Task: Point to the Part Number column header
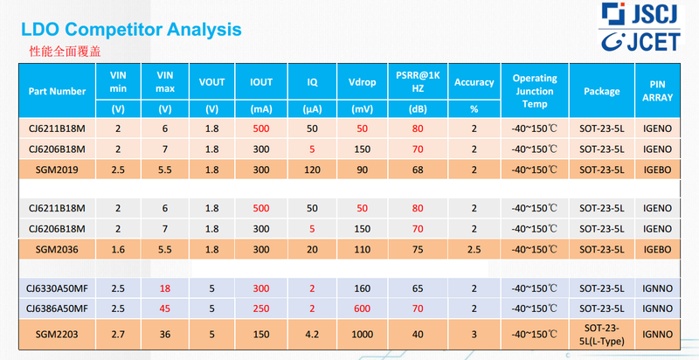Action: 57,91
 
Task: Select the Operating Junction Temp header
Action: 534,91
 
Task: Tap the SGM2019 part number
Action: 57,170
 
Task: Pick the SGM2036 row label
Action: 57,249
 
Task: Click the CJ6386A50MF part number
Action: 57,308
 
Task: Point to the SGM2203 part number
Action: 57,336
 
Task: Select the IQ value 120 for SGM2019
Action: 312,170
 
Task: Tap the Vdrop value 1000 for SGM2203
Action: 362,336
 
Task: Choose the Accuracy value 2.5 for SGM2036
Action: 474,249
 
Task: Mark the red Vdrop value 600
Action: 362,308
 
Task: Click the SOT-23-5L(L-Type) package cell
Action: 602,336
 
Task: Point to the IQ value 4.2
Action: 312,336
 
